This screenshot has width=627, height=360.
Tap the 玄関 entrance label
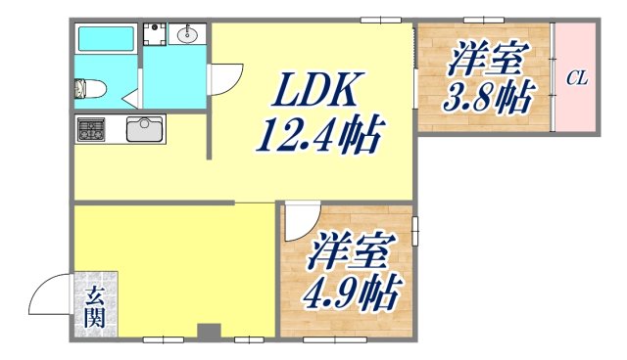pyautogui.click(x=95, y=305)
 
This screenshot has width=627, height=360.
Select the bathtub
pyautogui.click(x=106, y=39)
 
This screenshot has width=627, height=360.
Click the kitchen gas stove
pyautogui.click(x=93, y=128)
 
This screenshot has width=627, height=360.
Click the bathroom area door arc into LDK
pyautogui.click(x=225, y=80)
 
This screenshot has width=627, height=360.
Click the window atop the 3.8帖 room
pyautogui.click(x=483, y=20)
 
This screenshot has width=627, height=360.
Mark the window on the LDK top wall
pyautogui.click(x=380, y=20)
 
